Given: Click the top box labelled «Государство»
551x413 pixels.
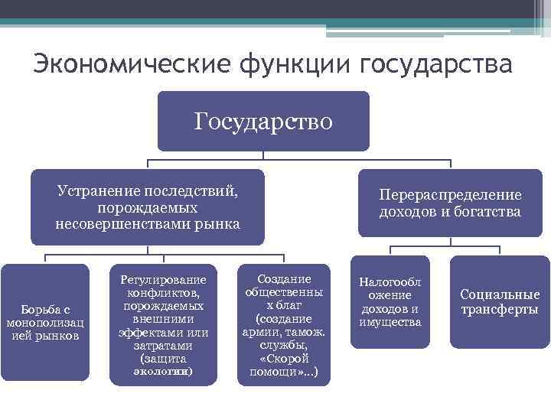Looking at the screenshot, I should [x=263, y=121].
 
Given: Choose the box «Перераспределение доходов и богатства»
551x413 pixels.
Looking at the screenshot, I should [x=450, y=203].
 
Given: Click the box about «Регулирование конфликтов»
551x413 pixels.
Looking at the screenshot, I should [x=164, y=322].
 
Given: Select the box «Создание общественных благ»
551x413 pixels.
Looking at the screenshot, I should [x=283, y=322].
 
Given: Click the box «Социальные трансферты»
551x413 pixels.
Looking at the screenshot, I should [x=500, y=302].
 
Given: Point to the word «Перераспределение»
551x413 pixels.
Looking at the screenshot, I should [x=450, y=195].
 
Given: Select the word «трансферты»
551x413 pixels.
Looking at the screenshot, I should [x=500, y=310].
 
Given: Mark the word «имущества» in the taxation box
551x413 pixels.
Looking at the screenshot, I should [x=390, y=322].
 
